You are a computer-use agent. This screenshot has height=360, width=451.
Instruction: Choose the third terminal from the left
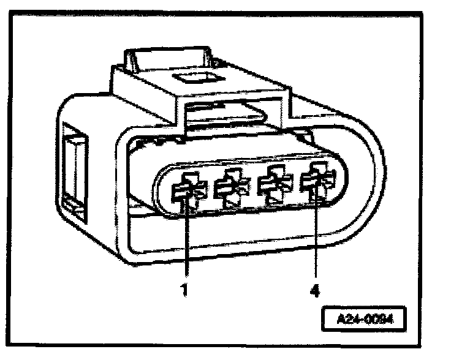(273, 186)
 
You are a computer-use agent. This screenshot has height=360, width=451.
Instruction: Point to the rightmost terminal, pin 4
(317, 182)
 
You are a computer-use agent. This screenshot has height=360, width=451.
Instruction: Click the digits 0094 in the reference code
(376, 320)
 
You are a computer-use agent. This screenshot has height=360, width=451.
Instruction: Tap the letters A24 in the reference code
(348, 320)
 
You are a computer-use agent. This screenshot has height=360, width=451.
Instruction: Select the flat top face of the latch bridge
(202, 86)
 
